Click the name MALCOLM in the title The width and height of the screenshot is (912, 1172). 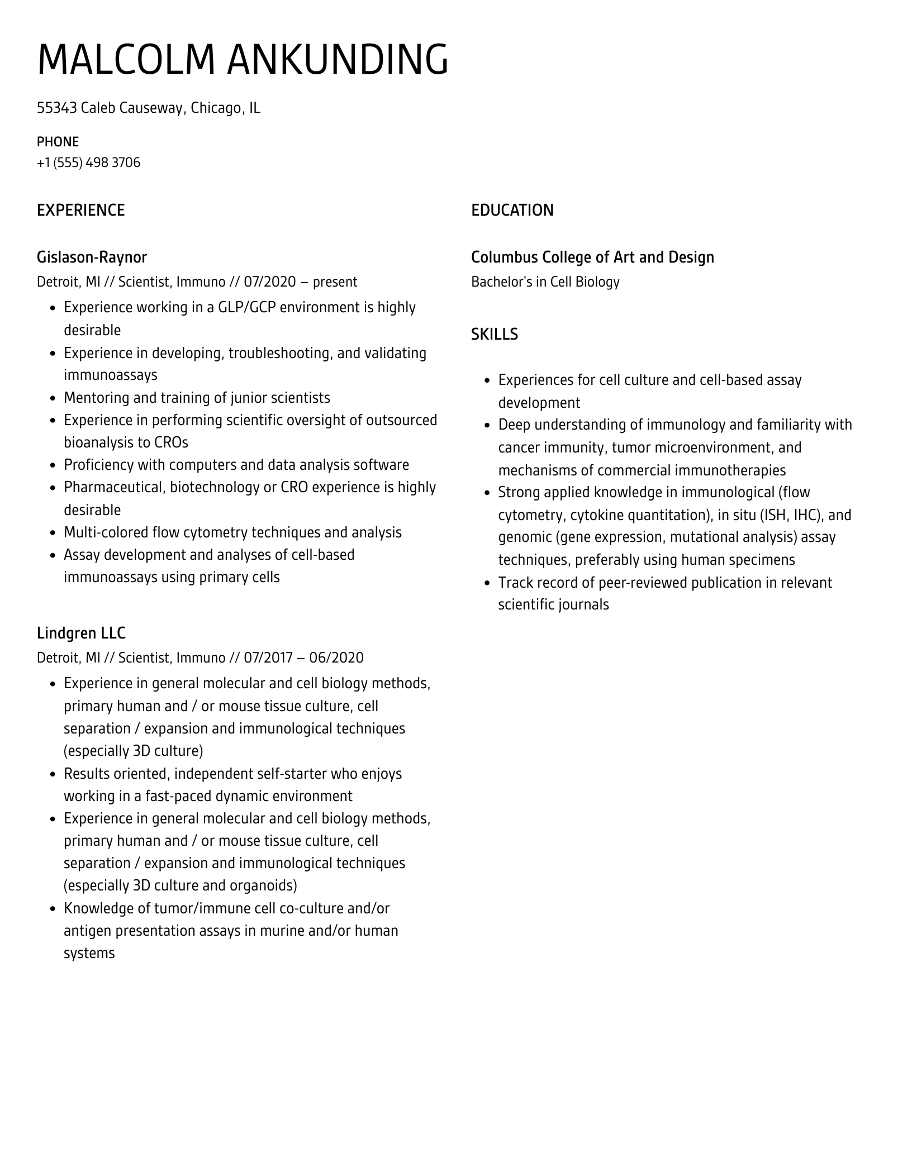pyautogui.click(x=126, y=59)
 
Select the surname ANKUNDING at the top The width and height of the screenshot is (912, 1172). pyautogui.click(x=338, y=59)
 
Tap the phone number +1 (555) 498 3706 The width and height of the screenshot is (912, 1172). pyautogui.click(x=88, y=163)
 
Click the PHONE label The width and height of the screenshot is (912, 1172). pyautogui.click(x=58, y=141)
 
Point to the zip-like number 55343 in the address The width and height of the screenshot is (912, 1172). pyautogui.click(x=56, y=108)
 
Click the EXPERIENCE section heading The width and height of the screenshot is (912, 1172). pyautogui.click(x=80, y=210)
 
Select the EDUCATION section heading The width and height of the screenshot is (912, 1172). pyautogui.click(x=512, y=210)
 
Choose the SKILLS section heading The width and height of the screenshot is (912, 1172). pyautogui.click(x=494, y=334)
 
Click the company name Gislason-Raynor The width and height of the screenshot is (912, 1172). pyautogui.click(x=92, y=257)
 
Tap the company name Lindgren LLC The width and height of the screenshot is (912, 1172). pyautogui.click(x=81, y=633)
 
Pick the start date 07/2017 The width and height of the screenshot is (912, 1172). pyautogui.click(x=268, y=658)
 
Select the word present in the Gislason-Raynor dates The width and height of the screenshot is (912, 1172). pyautogui.click(x=335, y=282)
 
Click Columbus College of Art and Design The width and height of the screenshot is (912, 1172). pyautogui.click(x=592, y=257)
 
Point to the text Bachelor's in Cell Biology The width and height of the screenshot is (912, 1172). pyautogui.click(x=545, y=282)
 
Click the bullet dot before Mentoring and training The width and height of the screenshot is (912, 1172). pyautogui.click(x=53, y=398)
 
